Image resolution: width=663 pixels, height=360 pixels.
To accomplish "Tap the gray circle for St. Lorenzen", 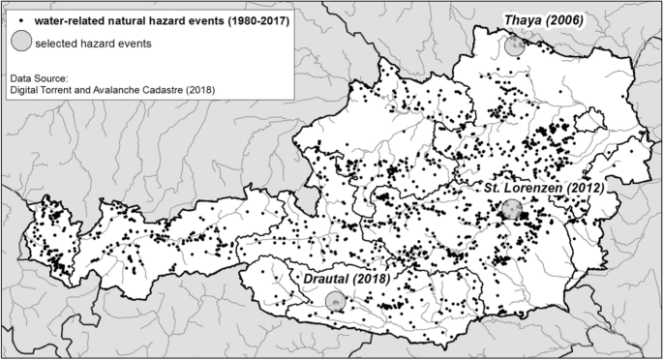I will point(511,210).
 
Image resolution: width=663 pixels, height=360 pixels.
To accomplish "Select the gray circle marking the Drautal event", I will point(335,302).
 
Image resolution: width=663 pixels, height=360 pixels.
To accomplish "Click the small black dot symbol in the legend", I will point(21,19).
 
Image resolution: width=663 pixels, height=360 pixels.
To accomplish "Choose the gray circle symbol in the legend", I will point(20,43).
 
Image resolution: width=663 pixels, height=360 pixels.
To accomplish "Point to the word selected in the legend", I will point(57,44).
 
